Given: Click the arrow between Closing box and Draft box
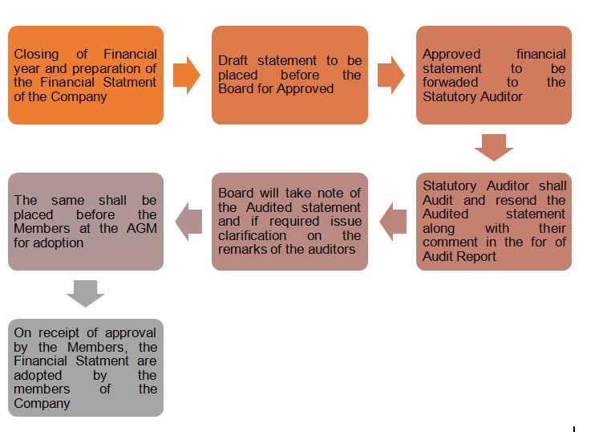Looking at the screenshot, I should [187, 75].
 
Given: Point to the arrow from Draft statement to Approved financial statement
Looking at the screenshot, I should [390, 75].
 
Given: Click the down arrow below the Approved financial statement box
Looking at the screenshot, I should [493, 148].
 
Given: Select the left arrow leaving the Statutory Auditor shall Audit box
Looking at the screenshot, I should [393, 222].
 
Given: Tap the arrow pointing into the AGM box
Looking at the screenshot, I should [188, 222].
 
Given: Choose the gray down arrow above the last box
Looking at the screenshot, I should [86, 294].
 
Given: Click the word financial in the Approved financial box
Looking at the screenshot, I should [540, 54].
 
